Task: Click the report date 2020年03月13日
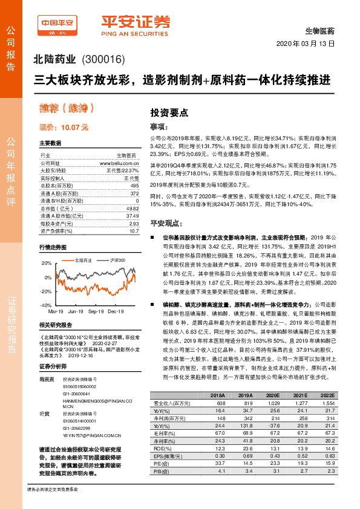coord(305,44)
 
